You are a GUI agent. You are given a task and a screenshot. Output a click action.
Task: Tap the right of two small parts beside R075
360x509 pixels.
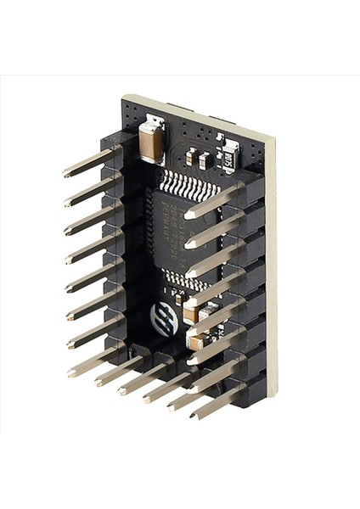[205, 158]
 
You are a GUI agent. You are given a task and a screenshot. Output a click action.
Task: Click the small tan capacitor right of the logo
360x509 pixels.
[192, 313]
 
